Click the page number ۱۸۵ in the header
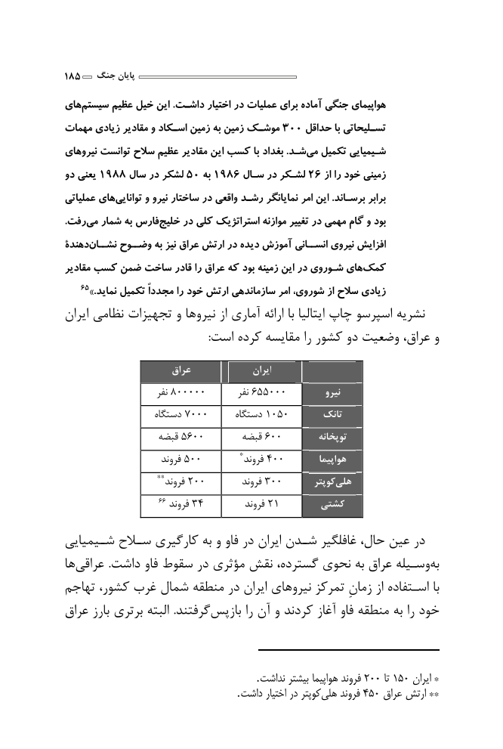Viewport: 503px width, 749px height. [x=73, y=76]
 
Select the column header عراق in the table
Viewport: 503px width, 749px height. [x=181, y=372]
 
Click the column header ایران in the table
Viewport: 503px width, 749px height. [x=261, y=372]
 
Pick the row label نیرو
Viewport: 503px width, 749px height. [x=332, y=394]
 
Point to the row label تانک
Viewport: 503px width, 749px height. [x=332, y=415]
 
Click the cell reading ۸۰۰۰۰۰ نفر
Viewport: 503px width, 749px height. [x=182, y=394]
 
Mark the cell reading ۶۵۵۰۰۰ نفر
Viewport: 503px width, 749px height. [x=259, y=394]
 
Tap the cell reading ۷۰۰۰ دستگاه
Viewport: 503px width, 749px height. [x=181, y=415]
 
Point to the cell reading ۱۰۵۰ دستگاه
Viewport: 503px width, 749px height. [x=260, y=415]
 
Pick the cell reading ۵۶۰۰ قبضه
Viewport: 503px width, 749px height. [x=181, y=437]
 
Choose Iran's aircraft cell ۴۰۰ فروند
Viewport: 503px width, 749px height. [x=259, y=459]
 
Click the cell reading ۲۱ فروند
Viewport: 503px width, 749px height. [x=260, y=503]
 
